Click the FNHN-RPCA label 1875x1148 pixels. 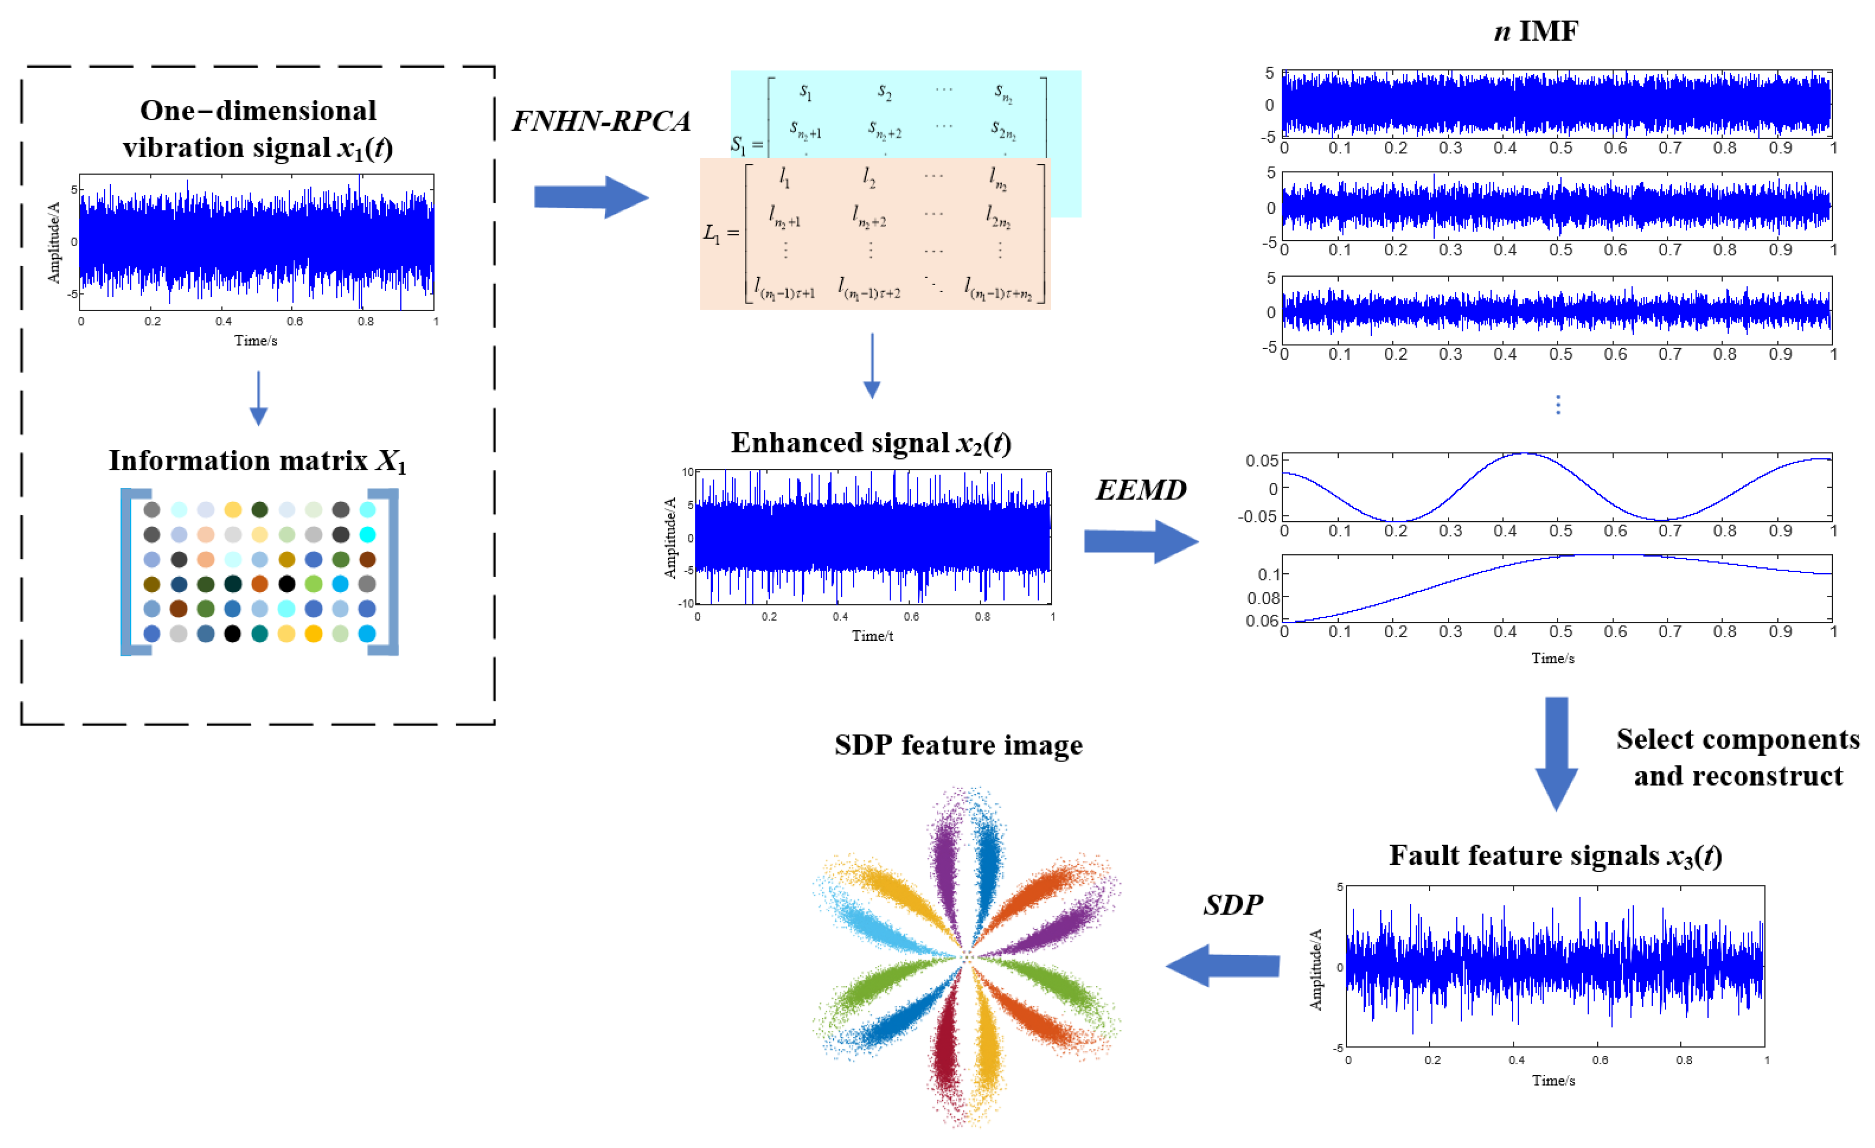(601, 120)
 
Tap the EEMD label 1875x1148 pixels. (1140, 489)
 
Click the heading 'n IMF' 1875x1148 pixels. (1536, 31)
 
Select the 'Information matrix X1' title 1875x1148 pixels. (257, 461)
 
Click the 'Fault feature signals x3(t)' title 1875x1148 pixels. (1555, 856)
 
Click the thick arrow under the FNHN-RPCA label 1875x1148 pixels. (590, 197)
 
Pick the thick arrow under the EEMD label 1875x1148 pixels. (1140, 541)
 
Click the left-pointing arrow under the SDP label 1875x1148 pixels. (1222, 965)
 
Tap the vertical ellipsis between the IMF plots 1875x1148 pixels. (1558, 404)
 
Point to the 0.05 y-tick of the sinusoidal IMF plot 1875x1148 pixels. (1261, 461)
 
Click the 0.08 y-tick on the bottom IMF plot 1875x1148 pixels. (1263, 598)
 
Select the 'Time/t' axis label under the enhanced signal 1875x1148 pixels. (872, 636)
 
